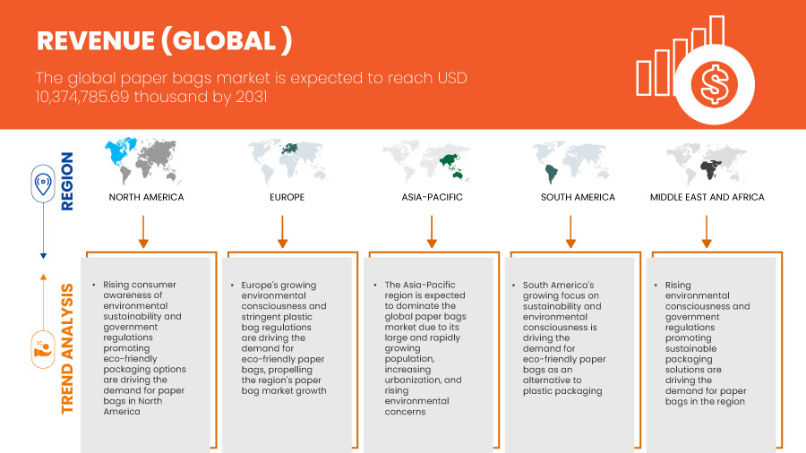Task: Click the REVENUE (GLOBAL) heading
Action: [165, 40]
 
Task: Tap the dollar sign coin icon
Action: [714, 84]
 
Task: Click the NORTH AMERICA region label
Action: [146, 197]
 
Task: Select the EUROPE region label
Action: [287, 197]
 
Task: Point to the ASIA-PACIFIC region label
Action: [432, 197]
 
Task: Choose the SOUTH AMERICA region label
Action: [578, 197]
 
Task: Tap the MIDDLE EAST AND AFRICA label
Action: [707, 197]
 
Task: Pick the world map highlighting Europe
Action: [287, 161]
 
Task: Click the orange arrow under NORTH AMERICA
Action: [143, 232]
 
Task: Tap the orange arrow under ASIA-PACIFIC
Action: [432, 232]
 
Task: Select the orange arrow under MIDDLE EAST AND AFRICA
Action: [707, 232]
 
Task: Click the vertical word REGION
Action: [67, 182]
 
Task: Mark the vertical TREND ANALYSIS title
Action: [67, 349]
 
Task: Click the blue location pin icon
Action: [43, 184]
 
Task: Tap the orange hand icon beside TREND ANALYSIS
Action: [43, 350]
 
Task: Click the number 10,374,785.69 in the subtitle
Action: [82, 97]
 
